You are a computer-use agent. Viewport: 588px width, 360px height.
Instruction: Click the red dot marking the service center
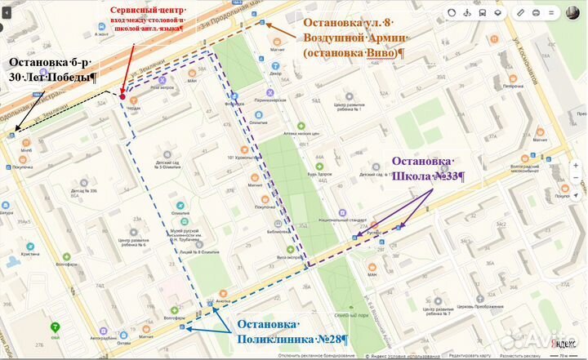tap(122, 96)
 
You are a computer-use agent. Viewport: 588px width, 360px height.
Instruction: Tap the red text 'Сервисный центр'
tap(142, 9)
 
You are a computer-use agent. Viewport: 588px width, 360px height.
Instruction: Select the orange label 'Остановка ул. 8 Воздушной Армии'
tap(353, 37)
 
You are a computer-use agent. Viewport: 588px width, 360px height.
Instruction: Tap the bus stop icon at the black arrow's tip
tap(11, 134)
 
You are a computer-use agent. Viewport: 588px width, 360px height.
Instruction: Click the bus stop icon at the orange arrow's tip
tap(262, 24)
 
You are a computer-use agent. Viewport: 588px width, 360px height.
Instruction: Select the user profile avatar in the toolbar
tap(573, 13)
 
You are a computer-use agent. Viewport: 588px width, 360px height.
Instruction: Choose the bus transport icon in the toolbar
tap(482, 14)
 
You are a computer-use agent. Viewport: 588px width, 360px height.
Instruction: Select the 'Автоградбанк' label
tap(104, 338)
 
